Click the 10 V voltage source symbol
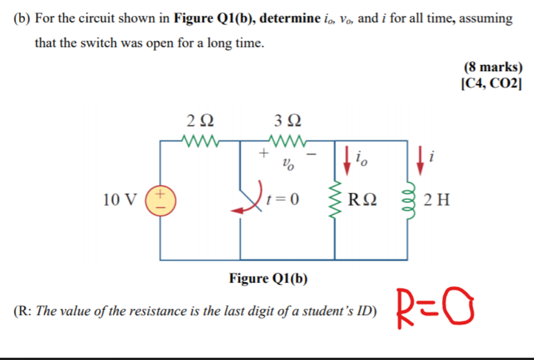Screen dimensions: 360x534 coord(160,201)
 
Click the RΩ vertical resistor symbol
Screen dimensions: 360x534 coord(335,201)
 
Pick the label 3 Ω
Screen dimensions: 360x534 coord(287,121)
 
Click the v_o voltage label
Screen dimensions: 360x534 coord(288,166)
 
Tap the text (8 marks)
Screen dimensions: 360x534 coord(493,67)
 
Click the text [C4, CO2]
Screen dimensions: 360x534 coord(492,83)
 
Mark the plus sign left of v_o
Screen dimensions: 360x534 coord(262,153)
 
